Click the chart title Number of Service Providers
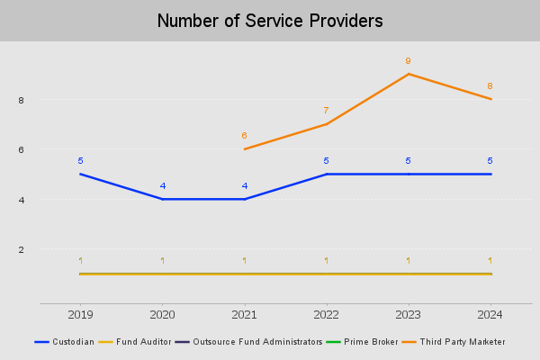click(270, 21)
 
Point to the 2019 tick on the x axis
click(80, 314)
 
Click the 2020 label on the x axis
click(162, 314)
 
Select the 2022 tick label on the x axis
click(326, 314)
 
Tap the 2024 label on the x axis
click(490, 314)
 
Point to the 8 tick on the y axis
click(20, 100)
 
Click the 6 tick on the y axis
click(20, 149)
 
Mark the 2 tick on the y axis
click(20, 249)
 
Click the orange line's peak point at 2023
click(409, 74)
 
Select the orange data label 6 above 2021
click(244, 136)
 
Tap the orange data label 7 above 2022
click(326, 111)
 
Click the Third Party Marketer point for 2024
click(490, 99)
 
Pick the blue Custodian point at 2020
click(162, 199)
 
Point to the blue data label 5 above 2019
click(80, 161)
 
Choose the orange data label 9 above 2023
click(409, 61)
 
